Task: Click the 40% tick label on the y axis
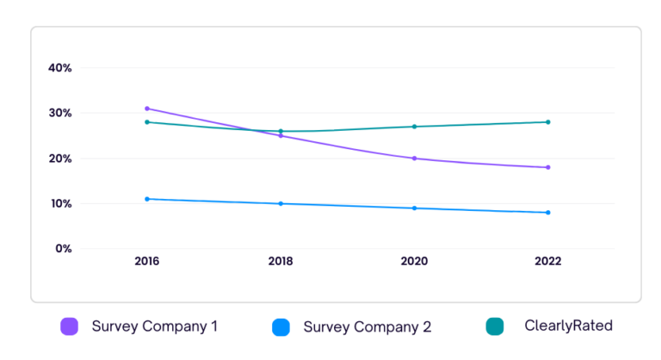(x=59, y=68)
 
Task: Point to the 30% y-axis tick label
(x=59, y=113)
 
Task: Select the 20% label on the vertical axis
(x=59, y=158)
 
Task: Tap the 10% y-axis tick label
(x=59, y=204)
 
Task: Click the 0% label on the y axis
(x=63, y=249)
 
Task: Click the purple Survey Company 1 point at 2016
(x=147, y=109)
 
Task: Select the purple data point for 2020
(x=415, y=158)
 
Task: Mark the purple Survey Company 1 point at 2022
(x=547, y=167)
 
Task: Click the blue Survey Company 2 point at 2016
(x=147, y=199)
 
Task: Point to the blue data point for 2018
(x=281, y=203)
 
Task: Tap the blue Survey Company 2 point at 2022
(x=547, y=213)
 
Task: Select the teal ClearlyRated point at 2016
(x=147, y=122)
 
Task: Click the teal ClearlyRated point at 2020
(x=415, y=127)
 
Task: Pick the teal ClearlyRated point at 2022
(x=547, y=122)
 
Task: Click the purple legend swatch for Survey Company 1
(x=69, y=326)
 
